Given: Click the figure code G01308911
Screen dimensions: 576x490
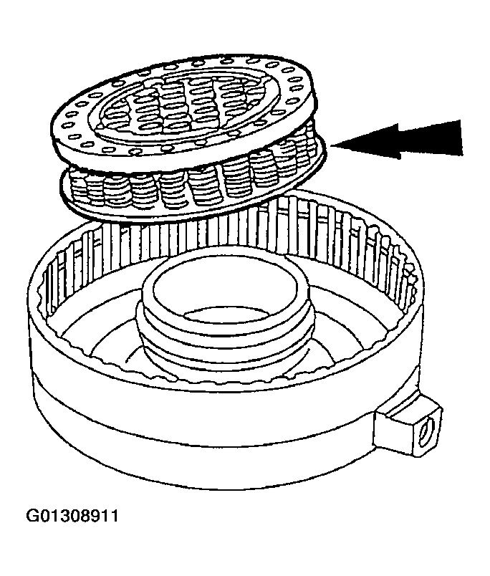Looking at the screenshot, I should click(72, 516).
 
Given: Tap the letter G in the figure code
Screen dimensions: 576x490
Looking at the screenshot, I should click(33, 516).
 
